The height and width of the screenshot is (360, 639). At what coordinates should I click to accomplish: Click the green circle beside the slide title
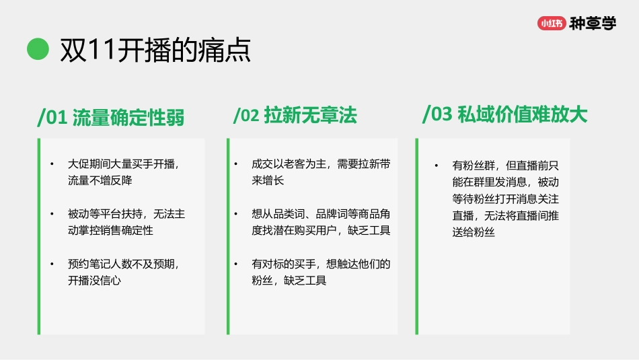[38, 49]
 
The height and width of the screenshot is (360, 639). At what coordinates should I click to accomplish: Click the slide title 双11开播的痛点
[155, 50]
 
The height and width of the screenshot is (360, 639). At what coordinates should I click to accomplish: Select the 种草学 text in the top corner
[592, 24]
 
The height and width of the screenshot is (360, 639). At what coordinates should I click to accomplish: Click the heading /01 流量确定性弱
[111, 117]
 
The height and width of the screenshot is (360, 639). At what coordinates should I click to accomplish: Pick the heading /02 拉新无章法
[295, 116]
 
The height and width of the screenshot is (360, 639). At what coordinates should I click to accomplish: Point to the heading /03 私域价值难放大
[504, 114]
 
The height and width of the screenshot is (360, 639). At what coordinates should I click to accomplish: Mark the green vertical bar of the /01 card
[39, 236]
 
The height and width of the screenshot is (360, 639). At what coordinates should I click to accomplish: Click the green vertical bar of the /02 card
[228, 236]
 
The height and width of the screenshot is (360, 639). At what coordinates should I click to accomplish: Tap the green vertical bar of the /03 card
[417, 236]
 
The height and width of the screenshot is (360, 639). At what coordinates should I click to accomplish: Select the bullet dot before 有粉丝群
[436, 166]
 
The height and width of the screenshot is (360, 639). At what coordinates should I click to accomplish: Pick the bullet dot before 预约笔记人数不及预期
[52, 264]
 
